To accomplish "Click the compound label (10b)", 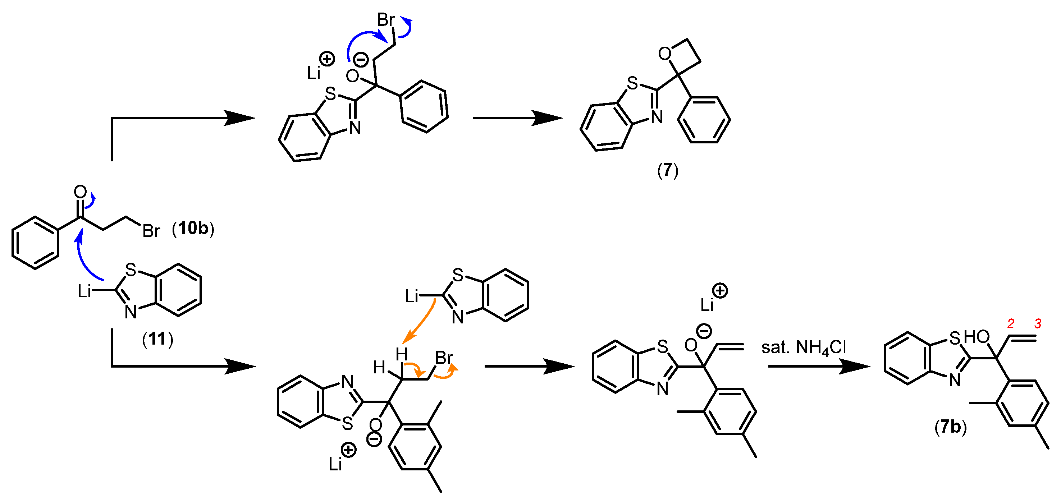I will click(193, 228).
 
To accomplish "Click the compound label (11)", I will click(157, 339).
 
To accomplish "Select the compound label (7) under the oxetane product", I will click(667, 170).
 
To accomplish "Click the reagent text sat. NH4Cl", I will click(803, 347).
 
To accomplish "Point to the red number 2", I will click(1010, 324).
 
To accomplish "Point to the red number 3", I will click(1038, 324).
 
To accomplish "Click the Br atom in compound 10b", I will click(151, 231).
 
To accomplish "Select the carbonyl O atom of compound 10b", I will click(80, 192).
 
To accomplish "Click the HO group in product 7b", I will click(977, 337).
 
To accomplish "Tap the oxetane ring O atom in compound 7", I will click(664, 54).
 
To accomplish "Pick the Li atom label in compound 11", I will click(84, 291).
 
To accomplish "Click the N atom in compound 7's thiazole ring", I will click(657, 118).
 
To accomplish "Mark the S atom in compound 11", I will click(131, 270).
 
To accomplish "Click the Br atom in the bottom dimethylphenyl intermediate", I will click(444, 358).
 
